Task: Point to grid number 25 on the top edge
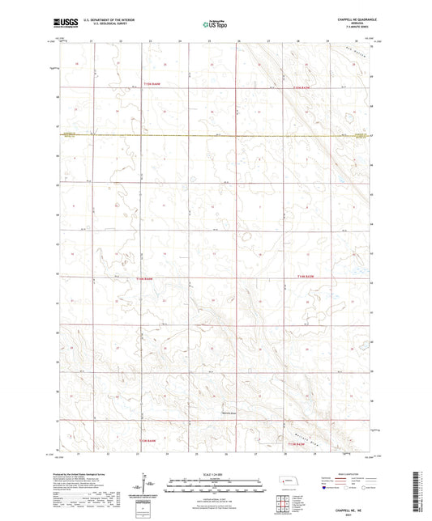[x=209, y=40]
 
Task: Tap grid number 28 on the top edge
[x=297, y=40]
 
